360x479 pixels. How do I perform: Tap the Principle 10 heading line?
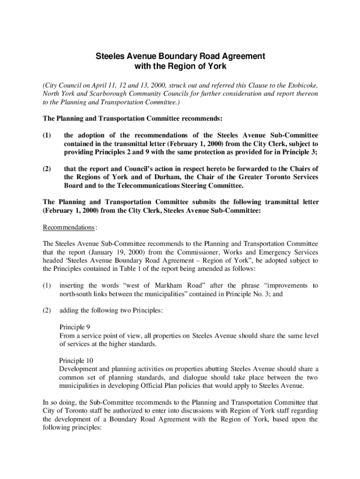(x=76, y=361)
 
